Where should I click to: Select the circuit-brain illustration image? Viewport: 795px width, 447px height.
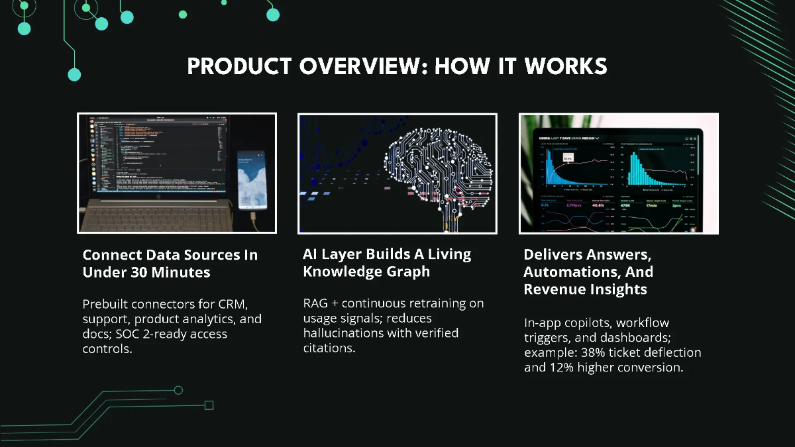pyautogui.click(x=397, y=174)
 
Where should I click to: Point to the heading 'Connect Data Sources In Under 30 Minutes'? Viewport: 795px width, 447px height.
pyautogui.click(x=170, y=264)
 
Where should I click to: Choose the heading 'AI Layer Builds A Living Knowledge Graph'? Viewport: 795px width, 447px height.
pyautogui.click(x=387, y=263)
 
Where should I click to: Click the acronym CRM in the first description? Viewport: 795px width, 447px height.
pyautogui.click(x=232, y=304)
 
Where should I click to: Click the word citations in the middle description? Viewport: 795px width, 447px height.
pyautogui.click(x=329, y=347)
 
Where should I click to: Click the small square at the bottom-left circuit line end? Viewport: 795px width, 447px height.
pyautogui.click(x=209, y=405)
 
